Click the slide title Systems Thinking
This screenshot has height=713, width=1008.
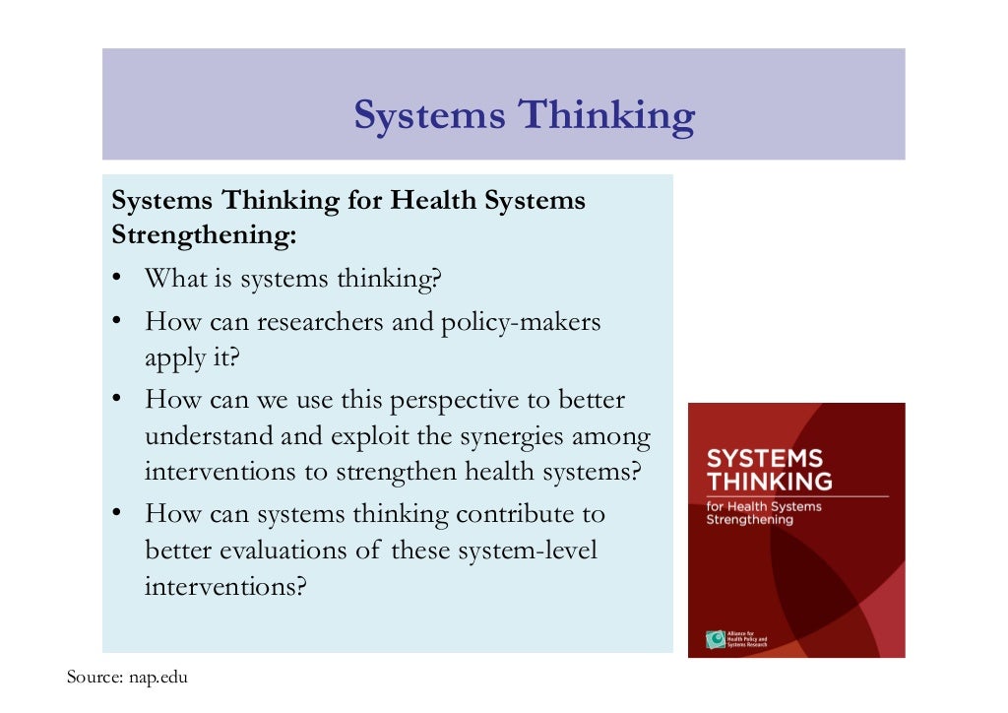(524, 116)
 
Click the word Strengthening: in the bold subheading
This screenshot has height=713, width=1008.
(204, 237)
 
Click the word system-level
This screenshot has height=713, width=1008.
(530, 550)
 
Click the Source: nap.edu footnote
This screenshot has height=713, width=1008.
(127, 678)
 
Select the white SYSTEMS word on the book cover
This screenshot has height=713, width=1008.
(765, 459)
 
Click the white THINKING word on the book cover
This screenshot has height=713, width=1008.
(770, 482)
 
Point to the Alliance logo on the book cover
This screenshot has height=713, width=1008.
(715, 639)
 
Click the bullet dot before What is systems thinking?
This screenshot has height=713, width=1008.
(116, 278)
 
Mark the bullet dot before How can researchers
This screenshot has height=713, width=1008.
(116, 321)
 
